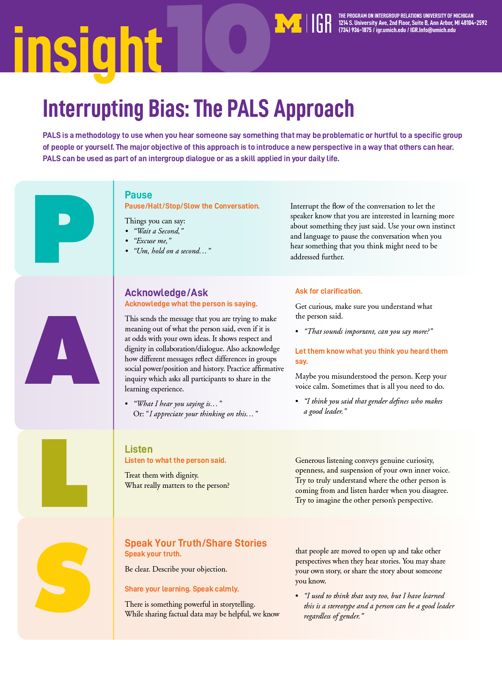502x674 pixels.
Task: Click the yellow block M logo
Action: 288,23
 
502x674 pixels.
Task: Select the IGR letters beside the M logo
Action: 321,23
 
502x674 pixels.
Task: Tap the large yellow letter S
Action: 63,578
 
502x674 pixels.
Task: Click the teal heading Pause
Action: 138,195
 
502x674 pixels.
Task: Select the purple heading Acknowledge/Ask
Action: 166,293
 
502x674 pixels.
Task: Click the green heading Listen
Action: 139,449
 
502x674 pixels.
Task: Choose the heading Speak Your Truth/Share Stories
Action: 195,543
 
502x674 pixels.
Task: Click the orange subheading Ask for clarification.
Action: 329,291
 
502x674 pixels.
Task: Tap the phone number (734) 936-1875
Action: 355,30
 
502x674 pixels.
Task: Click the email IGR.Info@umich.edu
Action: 433,30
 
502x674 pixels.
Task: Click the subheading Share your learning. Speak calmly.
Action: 182,589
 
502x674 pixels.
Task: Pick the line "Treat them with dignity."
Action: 162,475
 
